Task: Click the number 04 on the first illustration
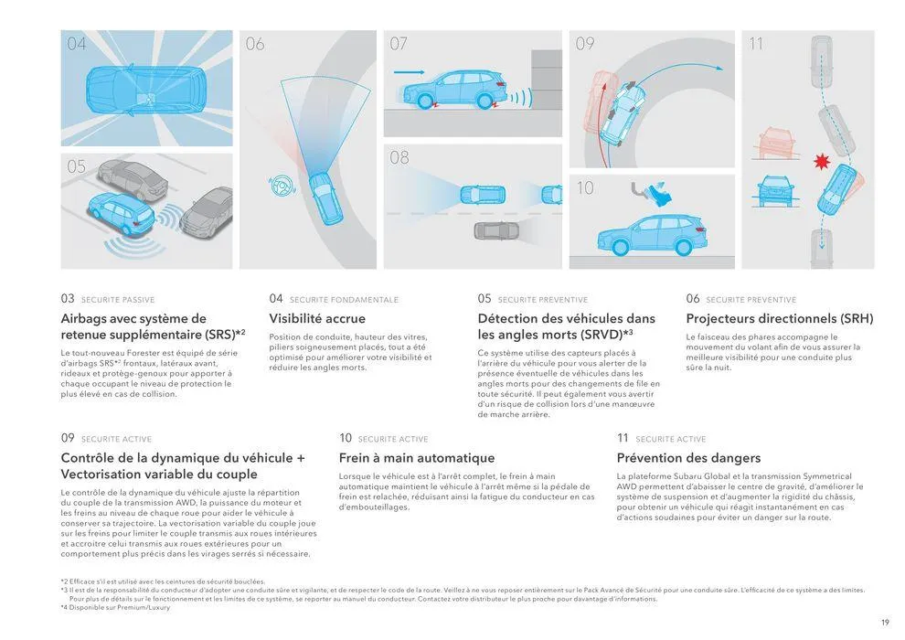click(x=77, y=44)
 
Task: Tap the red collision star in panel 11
click(x=822, y=162)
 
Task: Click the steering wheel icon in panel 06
click(x=276, y=186)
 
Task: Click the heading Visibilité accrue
click(x=316, y=319)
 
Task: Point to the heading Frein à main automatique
click(x=416, y=458)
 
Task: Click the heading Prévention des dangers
click(x=688, y=458)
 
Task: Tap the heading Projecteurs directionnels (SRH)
click(x=779, y=319)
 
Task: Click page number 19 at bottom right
click(x=885, y=623)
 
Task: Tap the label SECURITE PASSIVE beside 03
click(x=118, y=300)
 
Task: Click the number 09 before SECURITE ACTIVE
click(x=68, y=439)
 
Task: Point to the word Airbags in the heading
click(x=86, y=319)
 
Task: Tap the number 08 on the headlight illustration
click(x=399, y=157)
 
